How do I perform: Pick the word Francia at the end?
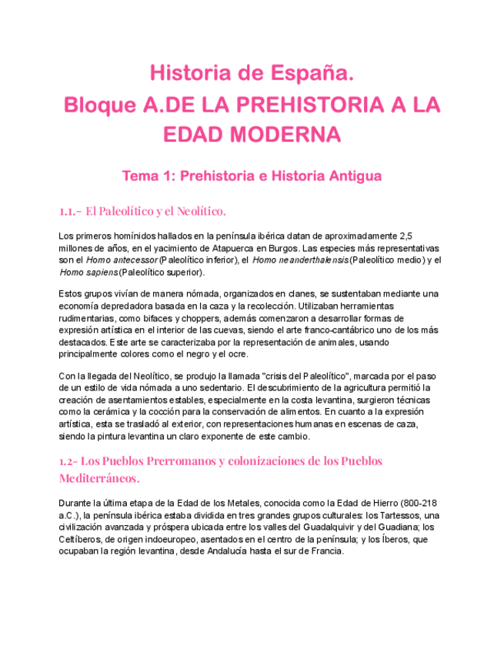325,551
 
